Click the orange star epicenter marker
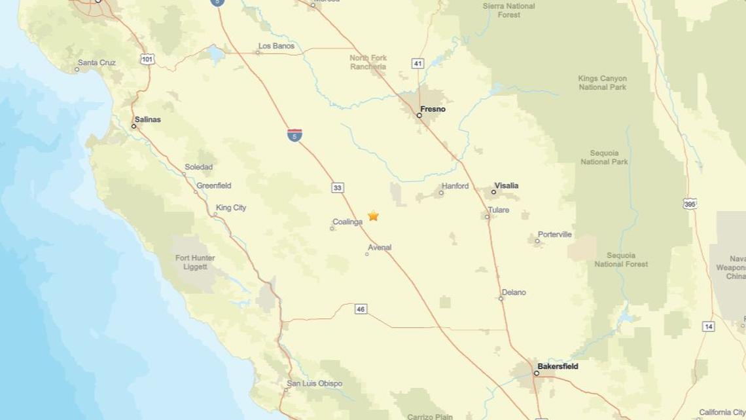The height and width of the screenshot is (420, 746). coord(373,216)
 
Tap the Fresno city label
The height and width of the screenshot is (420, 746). coord(433,109)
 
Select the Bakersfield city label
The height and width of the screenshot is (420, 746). coord(558,366)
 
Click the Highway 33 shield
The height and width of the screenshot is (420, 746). coord(337,188)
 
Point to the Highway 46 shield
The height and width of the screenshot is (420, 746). coord(361,309)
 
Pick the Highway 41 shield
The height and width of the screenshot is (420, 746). coord(417,64)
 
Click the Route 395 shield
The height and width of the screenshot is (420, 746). coord(690,203)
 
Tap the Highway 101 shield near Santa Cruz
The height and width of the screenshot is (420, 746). coord(147,60)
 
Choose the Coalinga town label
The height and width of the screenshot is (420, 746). coord(347,222)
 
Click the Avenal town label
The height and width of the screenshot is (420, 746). coord(380,247)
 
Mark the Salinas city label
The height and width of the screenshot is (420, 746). coord(147,119)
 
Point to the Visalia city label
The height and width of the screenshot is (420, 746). coord(506,185)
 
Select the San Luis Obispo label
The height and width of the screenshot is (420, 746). coord(314,383)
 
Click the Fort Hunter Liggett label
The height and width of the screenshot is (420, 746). coord(195,262)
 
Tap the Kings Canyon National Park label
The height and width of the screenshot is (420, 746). coord(602,83)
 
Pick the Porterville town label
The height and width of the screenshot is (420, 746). coord(554,234)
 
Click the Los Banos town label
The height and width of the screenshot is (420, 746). coord(276,46)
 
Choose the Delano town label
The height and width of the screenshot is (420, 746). coord(514,292)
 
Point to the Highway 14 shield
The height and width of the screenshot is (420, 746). coord(708,326)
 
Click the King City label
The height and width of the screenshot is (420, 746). coord(231,207)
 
